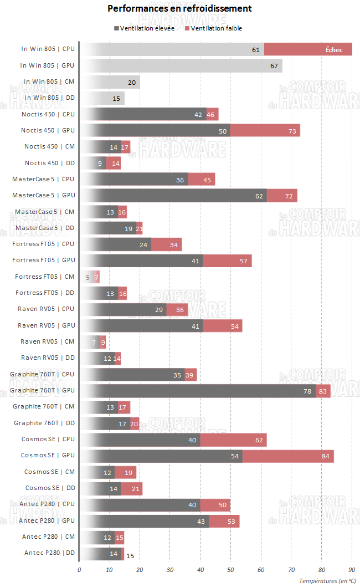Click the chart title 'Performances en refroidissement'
coord(179,9)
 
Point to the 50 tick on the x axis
coord(230,569)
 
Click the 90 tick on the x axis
coord(352,569)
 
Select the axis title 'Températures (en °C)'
coord(327,581)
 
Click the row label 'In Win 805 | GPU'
coord(47,65)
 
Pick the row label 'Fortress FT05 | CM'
coord(45,277)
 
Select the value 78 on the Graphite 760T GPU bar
coord(307,391)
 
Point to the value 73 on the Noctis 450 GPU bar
coord(292,131)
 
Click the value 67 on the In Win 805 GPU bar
coord(274,66)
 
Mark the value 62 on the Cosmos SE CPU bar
coord(259,440)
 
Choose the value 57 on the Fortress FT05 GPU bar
coord(243,261)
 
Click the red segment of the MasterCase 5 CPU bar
coord(202,180)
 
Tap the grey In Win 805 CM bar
coord(109,82)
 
